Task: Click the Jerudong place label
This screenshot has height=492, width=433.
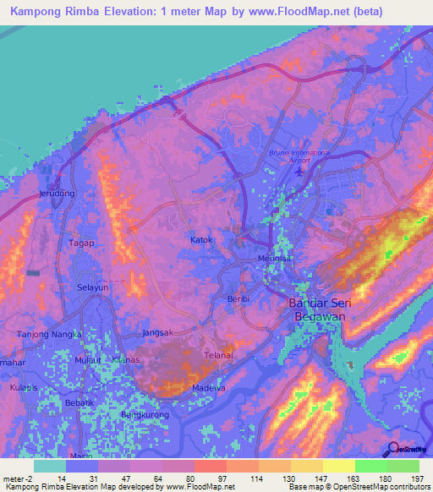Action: (x=56, y=194)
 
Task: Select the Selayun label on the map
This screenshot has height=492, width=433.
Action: (x=93, y=288)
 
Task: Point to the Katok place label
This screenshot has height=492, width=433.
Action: (x=201, y=240)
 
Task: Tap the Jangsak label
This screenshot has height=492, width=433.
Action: (x=158, y=332)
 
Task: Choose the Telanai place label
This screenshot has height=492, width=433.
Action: (x=217, y=356)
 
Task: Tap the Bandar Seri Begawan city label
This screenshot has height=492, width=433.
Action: (x=326, y=309)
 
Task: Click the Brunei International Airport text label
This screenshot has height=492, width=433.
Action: (x=297, y=157)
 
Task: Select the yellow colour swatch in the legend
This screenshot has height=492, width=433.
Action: (x=338, y=466)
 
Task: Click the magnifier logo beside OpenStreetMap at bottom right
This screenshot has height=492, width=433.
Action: (x=391, y=451)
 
